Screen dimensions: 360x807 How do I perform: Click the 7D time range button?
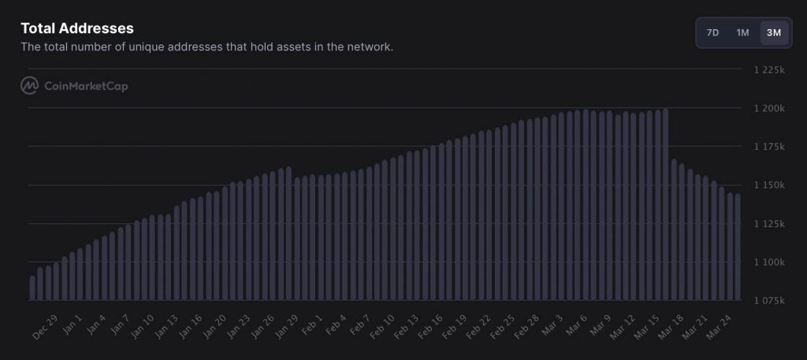coord(712,32)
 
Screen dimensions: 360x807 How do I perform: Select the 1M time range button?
coord(742,32)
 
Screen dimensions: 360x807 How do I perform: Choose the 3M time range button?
coord(773,32)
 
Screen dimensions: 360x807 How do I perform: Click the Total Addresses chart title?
coord(77,28)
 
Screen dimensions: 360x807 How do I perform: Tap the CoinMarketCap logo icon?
coord(30,86)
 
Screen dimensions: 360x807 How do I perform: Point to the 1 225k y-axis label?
coord(769,70)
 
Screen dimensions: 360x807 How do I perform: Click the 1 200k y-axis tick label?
coord(769,109)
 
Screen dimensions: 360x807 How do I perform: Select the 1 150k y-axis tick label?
coord(769,185)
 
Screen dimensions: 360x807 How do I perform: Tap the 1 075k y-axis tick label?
coord(769,301)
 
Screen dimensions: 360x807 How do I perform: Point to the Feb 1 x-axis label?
coord(312,326)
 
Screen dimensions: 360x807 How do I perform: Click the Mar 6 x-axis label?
coord(577,326)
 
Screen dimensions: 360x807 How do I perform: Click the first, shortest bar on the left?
coord(32,288)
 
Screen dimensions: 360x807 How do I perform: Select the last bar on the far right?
coord(738,247)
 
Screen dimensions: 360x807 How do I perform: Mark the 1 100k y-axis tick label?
coord(769,262)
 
